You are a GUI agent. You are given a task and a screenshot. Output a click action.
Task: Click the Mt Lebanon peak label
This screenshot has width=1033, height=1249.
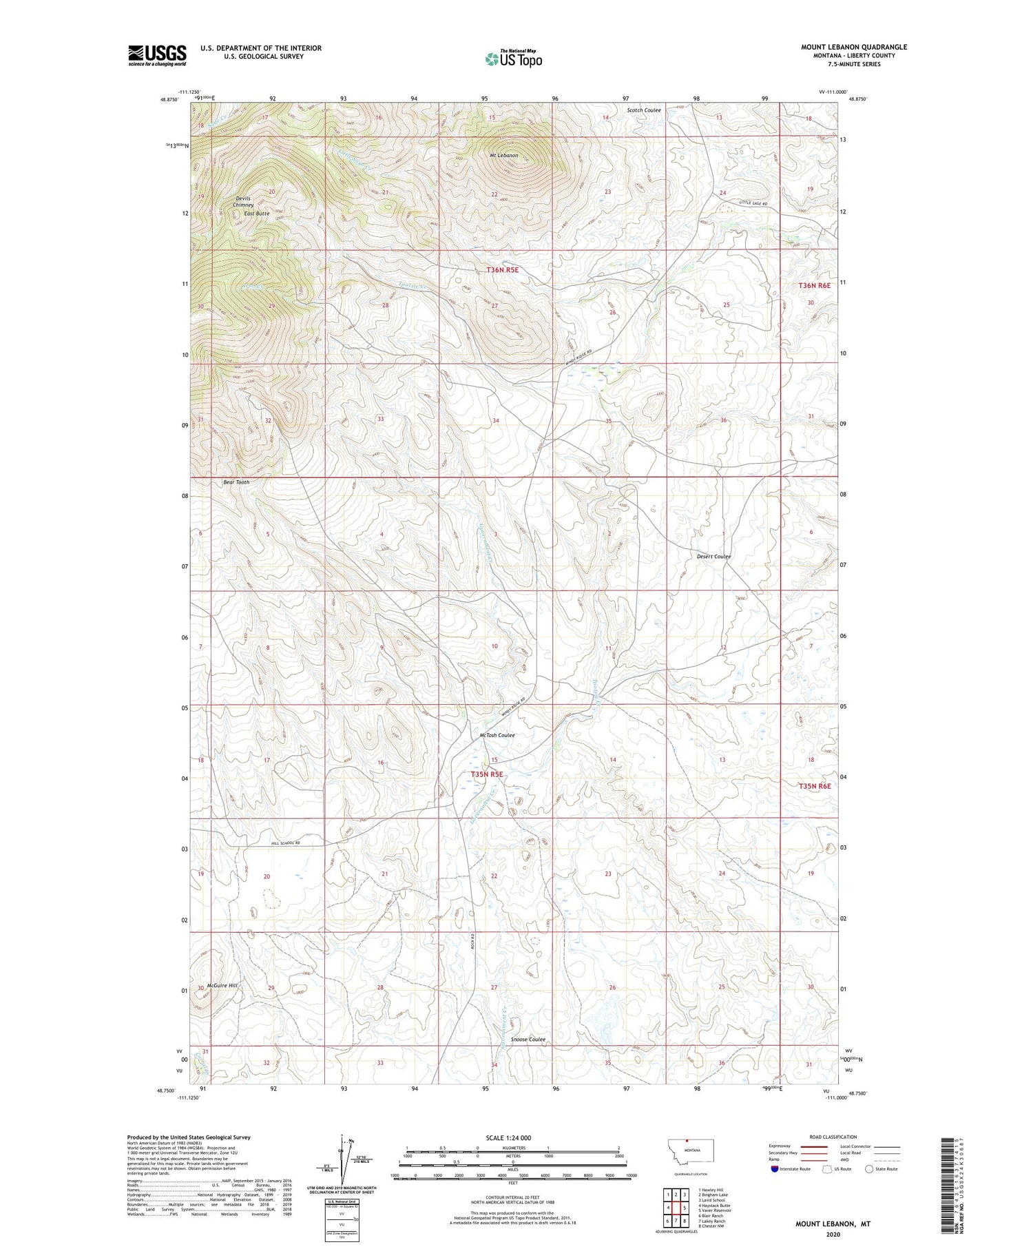tap(503, 156)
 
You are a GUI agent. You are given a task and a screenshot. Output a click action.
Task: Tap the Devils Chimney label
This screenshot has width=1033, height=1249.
tap(243, 202)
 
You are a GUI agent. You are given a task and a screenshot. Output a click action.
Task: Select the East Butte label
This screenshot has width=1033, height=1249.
tap(257, 214)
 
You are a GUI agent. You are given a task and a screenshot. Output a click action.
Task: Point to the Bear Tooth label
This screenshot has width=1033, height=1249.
tap(236, 482)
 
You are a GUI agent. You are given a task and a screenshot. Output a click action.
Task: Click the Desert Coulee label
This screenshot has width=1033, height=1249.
tap(713, 556)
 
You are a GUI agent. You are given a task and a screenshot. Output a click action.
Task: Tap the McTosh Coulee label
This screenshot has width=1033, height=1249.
tap(497, 735)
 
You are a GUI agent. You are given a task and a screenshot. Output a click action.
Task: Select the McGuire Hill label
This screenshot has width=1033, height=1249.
tap(222, 986)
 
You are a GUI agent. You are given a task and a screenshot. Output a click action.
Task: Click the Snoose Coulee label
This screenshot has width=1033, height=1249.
tap(528, 1040)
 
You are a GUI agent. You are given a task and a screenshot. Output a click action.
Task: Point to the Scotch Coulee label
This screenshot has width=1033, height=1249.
tap(644, 110)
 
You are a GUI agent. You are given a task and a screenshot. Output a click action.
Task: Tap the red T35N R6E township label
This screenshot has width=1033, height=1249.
tap(815, 786)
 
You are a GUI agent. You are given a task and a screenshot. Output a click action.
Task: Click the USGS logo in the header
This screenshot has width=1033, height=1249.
tap(157, 55)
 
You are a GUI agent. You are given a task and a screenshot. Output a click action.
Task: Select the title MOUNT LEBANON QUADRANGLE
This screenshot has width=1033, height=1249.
tap(853, 47)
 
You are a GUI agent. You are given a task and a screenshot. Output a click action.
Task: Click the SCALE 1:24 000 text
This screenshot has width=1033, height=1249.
tap(506, 1137)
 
